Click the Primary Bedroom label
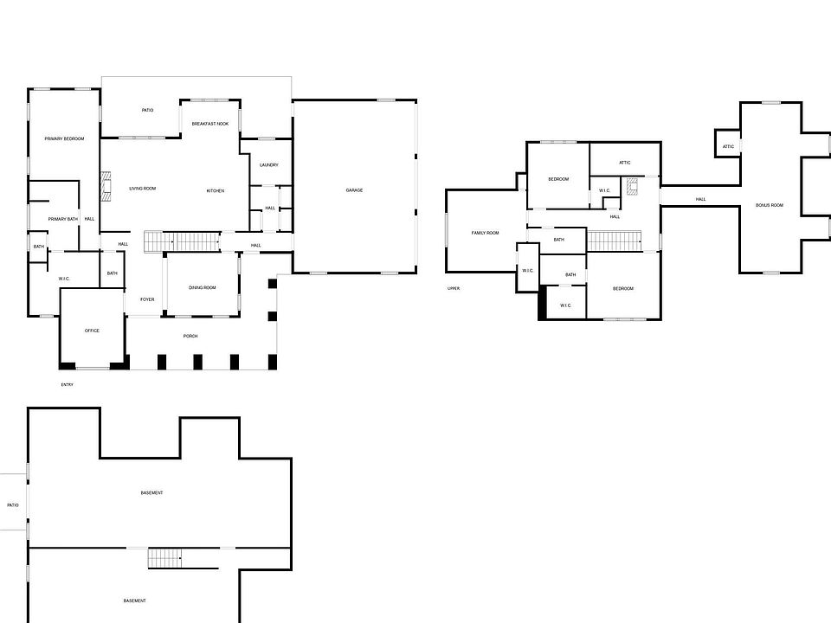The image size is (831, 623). click(64, 138)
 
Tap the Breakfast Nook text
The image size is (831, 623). click(209, 125)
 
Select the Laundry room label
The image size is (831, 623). click(268, 165)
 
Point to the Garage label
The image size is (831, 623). click(354, 190)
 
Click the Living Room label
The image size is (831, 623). click(142, 189)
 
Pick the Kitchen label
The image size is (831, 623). click(216, 190)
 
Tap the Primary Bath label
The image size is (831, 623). click(63, 219)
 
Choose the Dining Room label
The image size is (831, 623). click(203, 288)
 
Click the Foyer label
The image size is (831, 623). click(146, 299)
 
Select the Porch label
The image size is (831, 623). click(190, 336)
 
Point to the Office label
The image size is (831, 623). click(92, 331)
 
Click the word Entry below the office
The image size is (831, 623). click(67, 384)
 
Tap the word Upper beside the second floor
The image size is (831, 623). click(453, 288)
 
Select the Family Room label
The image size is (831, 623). click(485, 233)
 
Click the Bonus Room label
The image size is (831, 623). click(769, 205)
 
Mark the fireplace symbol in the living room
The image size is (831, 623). click(106, 186)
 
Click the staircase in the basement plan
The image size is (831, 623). click(165, 557)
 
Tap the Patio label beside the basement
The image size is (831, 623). click(12, 504)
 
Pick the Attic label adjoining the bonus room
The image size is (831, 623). click(728, 146)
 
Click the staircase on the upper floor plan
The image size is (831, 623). click(615, 240)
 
